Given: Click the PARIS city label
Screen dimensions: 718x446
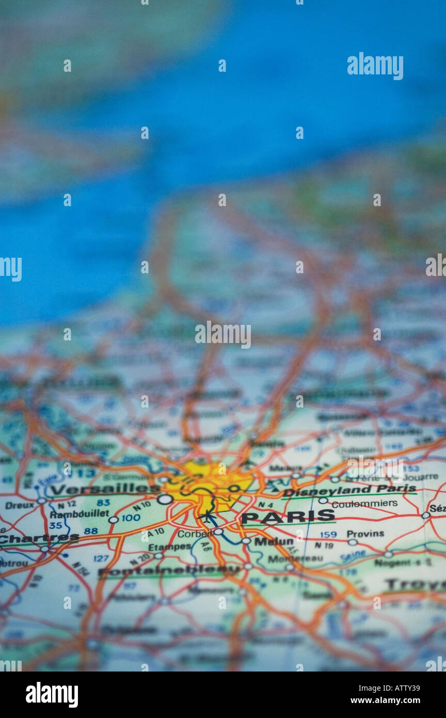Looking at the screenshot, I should tap(288, 516).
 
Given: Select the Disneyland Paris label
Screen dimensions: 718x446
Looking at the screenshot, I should tap(349, 490).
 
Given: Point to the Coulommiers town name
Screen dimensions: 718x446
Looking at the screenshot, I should tap(364, 503).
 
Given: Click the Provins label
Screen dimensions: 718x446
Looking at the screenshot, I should tap(365, 534).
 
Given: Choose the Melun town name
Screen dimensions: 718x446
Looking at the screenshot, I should tap(274, 541).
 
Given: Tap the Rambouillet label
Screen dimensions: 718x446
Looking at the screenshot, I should tap(79, 514).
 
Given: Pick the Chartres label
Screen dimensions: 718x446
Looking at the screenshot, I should tap(39, 538).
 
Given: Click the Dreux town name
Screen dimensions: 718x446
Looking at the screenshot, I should tap(20, 505).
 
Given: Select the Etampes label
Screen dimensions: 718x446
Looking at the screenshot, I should tap(169, 547).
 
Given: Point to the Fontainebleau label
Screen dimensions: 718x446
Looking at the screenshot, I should tap(169, 571).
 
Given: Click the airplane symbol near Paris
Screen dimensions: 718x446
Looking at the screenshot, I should tap(207, 516).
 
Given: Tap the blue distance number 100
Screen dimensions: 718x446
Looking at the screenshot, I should tap(131, 518).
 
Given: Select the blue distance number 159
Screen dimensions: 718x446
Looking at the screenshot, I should tap(328, 535).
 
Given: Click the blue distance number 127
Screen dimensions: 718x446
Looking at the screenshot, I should tap(101, 558).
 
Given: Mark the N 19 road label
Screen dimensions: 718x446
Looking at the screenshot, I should tap(324, 545).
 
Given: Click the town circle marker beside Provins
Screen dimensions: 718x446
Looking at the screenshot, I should tap(353, 542).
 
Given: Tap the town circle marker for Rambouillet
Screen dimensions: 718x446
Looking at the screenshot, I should tap(113, 520).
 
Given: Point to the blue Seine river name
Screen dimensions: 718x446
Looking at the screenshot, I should tap(353, 556).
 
